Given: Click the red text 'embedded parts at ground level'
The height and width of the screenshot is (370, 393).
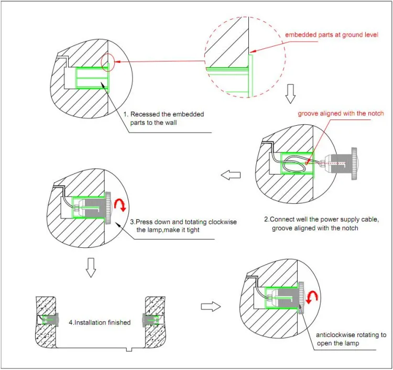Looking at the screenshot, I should pos(330,35).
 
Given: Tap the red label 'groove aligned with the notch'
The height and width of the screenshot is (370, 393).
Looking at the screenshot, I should pos(341,113).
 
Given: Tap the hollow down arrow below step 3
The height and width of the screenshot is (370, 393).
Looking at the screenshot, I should pos(91,266).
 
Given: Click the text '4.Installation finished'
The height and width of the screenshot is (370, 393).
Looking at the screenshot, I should pos(100,322).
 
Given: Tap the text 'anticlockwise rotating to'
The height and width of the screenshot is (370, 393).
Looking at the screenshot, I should pos(351,334).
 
